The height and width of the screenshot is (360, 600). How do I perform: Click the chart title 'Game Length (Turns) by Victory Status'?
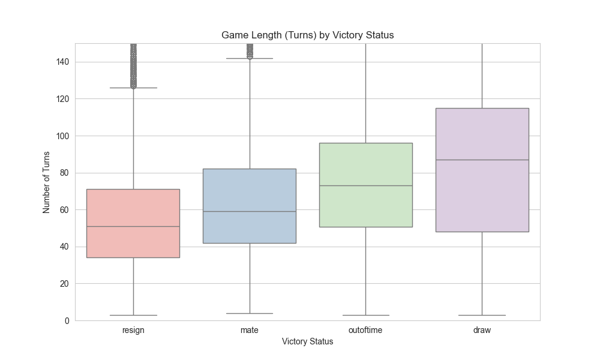click(307, 35)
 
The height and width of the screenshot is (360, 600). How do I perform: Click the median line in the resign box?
click(133, 226)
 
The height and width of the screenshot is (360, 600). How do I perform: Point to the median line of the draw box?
click(482, 160)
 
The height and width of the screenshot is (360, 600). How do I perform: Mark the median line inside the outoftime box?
click(365, 185)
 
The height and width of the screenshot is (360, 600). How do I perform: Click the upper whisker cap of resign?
click(133, 88)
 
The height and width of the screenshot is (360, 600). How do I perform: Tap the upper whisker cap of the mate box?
click(250, 58)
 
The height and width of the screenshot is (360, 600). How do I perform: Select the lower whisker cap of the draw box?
click(482, 315)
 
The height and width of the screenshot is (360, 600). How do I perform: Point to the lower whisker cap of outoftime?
click(365, 315)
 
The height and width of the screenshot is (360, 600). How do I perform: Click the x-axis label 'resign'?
click(133, 331)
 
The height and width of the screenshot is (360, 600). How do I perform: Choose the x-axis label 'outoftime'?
click(365, 331)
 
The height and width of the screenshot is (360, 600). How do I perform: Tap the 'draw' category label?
click(482, 331)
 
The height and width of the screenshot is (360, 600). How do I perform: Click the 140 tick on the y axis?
click(63, 62)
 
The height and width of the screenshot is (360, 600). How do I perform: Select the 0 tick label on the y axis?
click(67, 320)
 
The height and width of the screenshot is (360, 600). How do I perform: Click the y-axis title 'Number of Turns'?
click(46, 182)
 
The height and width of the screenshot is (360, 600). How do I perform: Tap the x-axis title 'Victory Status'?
click(307, 342)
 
